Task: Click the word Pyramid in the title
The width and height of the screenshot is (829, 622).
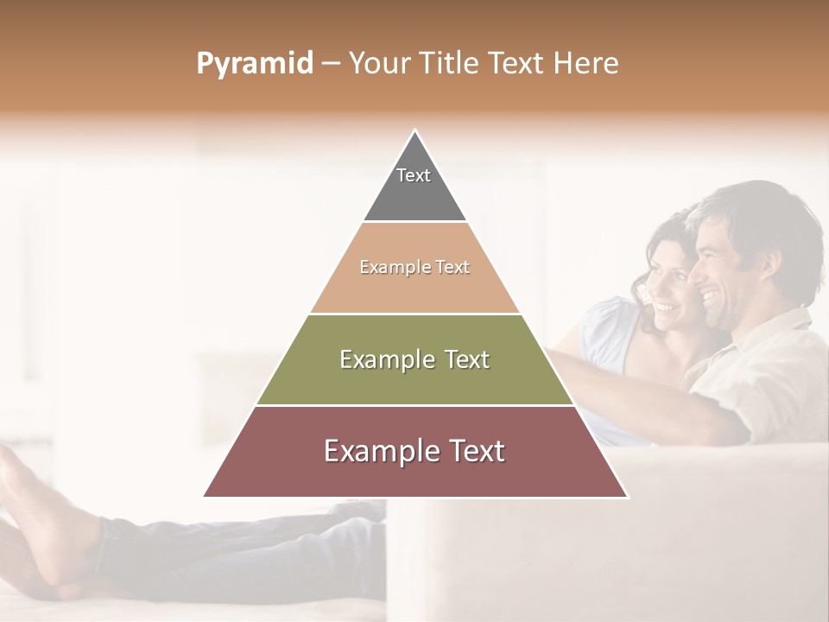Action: tap(254, 64)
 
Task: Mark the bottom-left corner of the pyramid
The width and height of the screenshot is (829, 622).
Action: tap(205, 497)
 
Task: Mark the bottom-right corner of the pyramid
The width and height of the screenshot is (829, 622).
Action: tap(627, 497)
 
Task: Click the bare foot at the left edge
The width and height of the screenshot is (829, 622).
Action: tap(35, 510)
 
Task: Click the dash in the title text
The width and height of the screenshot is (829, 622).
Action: tap(331, 64)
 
